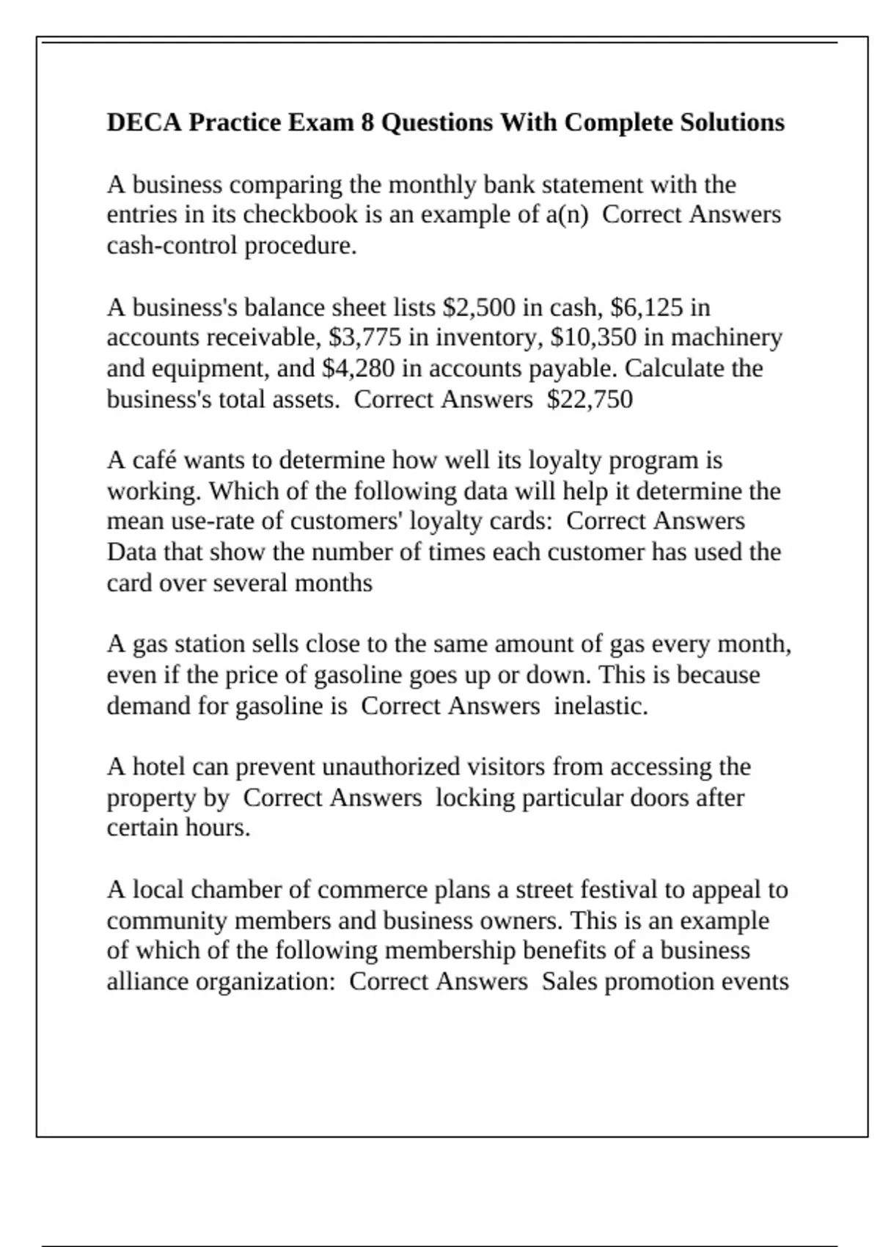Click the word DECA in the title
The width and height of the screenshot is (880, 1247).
click(x=144, y=122)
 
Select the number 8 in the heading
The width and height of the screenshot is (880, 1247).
click(x=367, y=122)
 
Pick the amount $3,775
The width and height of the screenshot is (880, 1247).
click(x=365, y=337)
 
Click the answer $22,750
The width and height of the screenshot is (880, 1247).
click(x=590, y=400)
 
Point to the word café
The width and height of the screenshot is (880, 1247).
click(x=155, y=461)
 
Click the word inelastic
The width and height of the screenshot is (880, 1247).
click(x=601, y=706)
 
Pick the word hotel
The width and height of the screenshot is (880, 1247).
click(x=158, y=767)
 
